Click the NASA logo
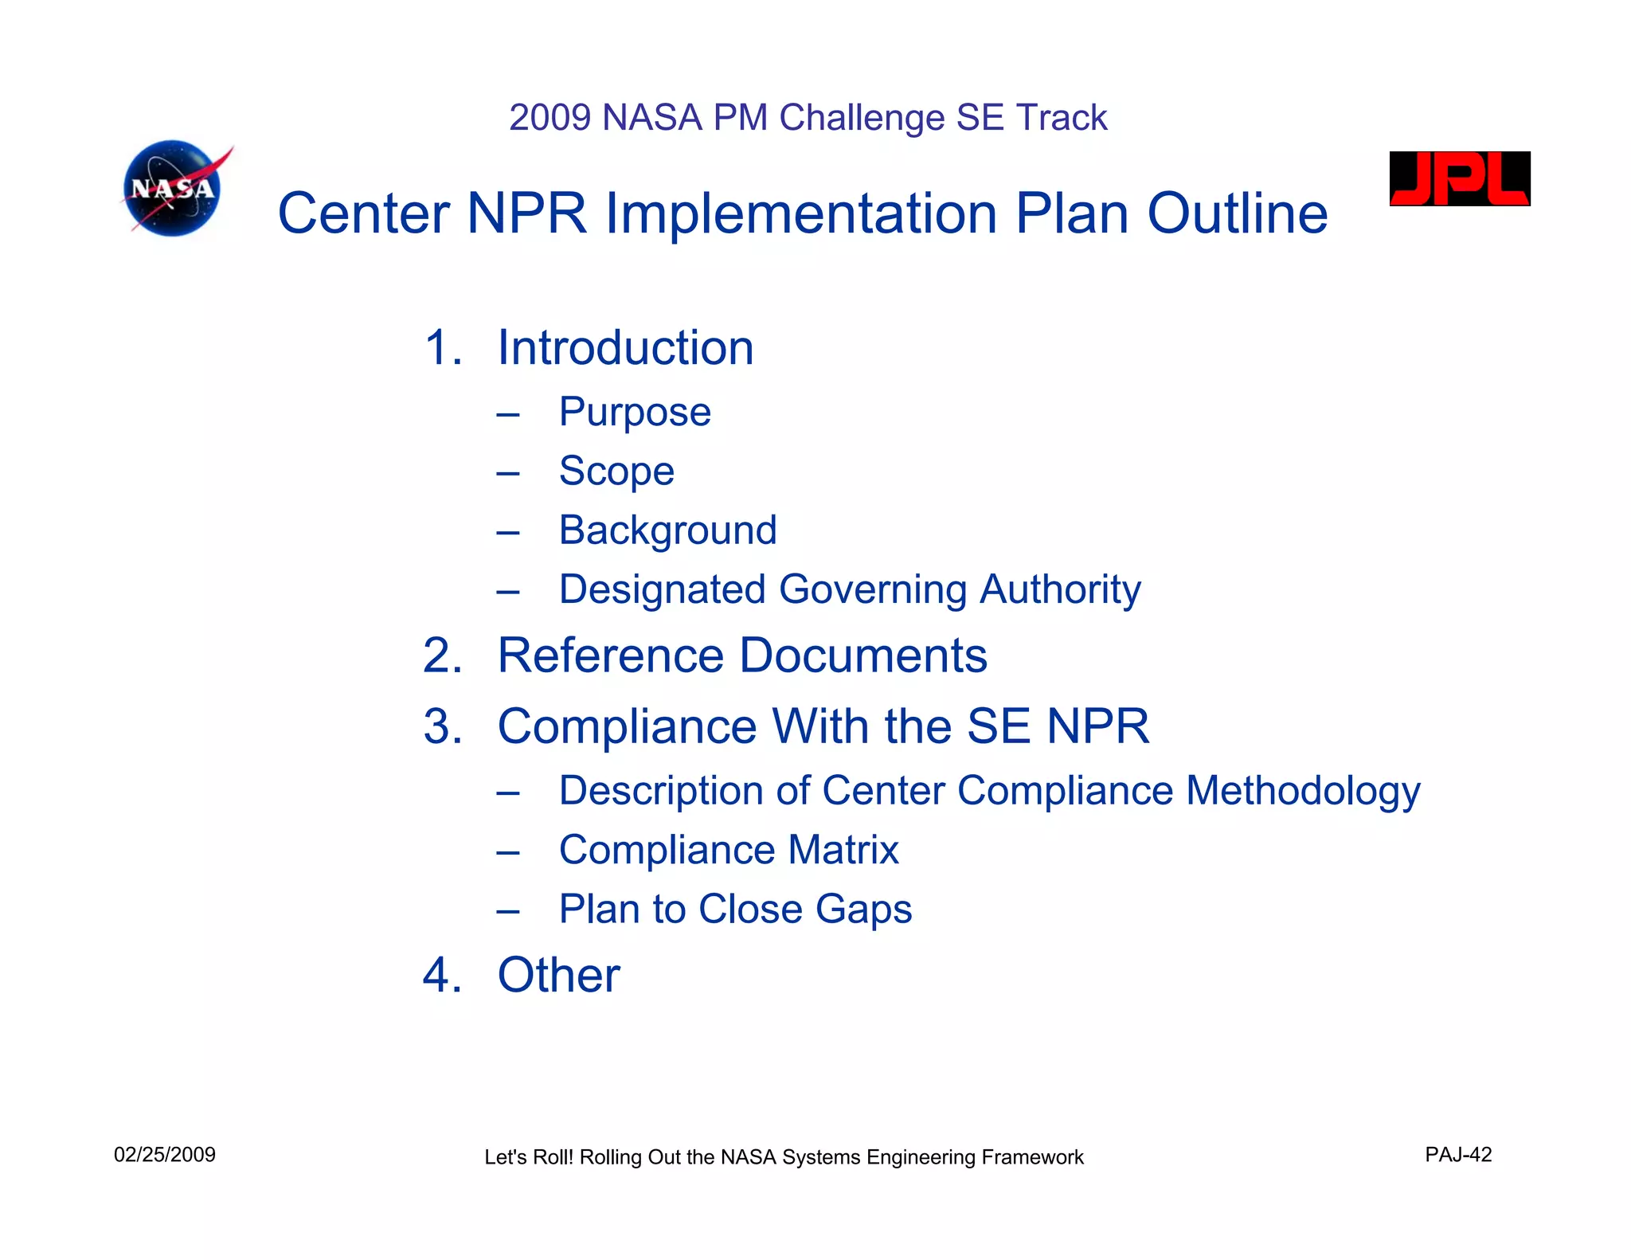(x=174, y=189)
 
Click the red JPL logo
(x=1459, y=179)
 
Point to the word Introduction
(x=625, y=348)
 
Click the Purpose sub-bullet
(x=634, y=412)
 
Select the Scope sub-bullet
(x=616, y=471)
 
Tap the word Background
(x=667, y=530)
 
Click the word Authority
(x=1060, y=590)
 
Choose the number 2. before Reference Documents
(x=443, y=655)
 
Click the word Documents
(x=863, y=655)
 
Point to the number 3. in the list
(x=443, y=726)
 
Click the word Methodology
(x=1303, y=792)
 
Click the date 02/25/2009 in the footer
(x=165, y=1155)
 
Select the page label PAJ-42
(x=1458, y=1155)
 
